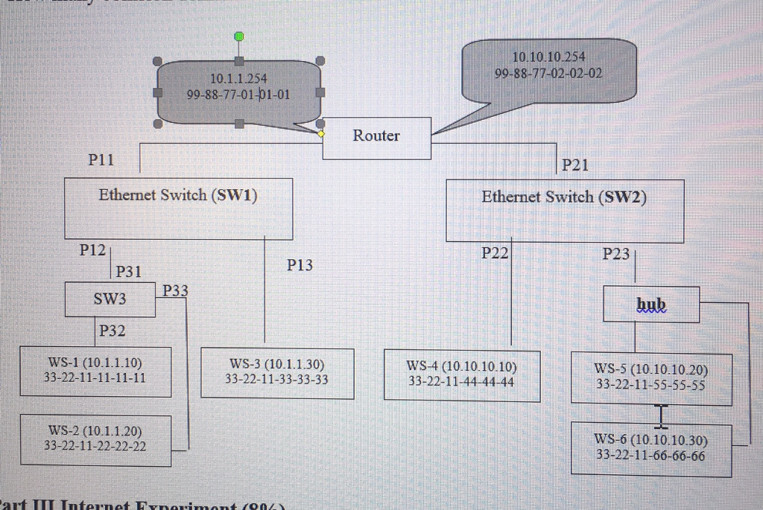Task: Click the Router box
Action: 376,138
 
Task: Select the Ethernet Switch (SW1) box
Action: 178,208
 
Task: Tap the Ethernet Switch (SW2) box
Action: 564,212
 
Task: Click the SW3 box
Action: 110,299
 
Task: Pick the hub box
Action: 650,305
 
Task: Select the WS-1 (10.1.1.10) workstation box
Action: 95,371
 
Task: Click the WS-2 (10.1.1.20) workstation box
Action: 95,439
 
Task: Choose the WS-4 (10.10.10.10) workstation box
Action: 461,375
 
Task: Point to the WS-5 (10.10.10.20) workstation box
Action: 650,378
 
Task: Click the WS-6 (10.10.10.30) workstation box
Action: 650,448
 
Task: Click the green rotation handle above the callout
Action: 238,36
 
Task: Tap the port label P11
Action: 101,159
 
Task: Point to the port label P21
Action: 575,165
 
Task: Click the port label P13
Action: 300,264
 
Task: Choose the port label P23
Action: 615,254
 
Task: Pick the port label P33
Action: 174,290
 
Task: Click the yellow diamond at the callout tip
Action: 321,134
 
